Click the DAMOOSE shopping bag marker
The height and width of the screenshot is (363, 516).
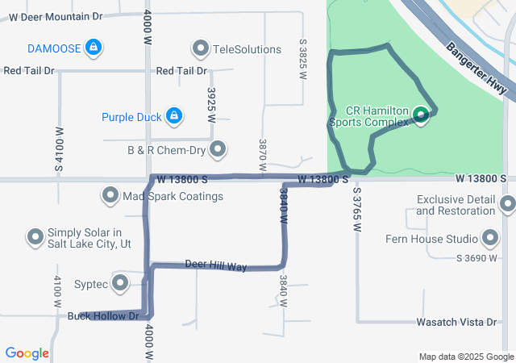(94, 48)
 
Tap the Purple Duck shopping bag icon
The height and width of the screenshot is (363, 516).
(173, 117)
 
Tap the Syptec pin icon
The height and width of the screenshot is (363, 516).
(121, 283)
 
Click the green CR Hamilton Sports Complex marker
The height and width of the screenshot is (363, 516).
(421, 115)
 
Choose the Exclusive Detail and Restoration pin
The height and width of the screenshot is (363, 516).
(506, 205)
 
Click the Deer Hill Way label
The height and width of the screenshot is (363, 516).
(215, 265)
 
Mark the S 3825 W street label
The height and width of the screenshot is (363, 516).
(303, 58)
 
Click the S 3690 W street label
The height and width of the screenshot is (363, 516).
(477, 258)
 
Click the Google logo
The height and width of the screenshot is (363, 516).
(27, 353)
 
